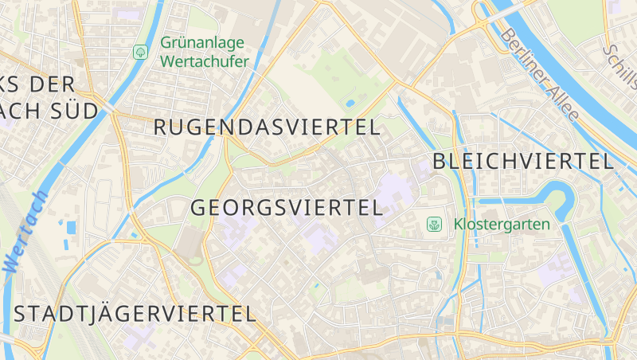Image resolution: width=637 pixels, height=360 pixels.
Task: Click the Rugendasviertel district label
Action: click(267, 127)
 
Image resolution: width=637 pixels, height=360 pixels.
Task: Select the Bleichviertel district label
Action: click(523, 161)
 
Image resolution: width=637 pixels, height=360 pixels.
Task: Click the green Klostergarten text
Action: click(502, 225)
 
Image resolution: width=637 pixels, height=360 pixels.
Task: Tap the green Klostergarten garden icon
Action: click(434, 225)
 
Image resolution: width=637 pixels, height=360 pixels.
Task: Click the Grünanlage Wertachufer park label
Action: click(204, 52)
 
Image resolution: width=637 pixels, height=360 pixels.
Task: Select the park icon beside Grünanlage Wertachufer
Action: click(140, 52)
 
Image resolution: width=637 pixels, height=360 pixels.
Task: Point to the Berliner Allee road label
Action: click(540, 75)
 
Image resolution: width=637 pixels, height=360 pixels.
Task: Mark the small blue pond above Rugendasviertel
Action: click(350, 103)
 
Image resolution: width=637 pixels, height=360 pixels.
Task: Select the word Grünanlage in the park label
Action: click(202, 43)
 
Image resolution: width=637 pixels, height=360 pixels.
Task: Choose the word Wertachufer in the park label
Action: click(205, 61)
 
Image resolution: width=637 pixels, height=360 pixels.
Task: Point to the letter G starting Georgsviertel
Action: click(200, 209)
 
